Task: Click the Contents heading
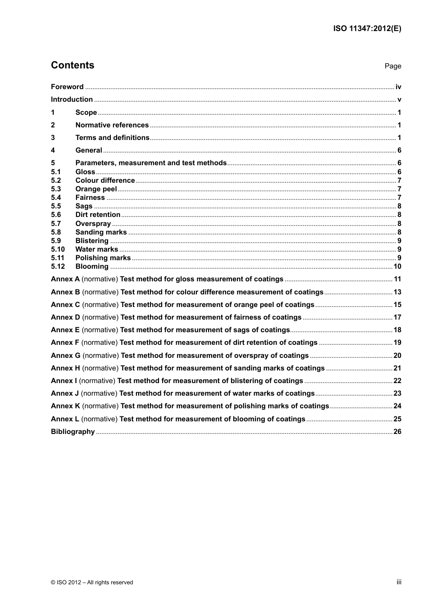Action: click(x=73, y=65)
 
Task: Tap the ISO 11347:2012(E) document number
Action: click(x=367, y=28)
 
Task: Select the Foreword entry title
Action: click(x=67, y=87)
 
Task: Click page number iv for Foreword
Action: click(x=398, y=87)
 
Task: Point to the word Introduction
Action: click(x=72, y=99)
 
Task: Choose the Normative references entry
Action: click(x=112, y=125)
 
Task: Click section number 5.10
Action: click(x=58, y=249)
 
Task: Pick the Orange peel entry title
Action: click(x=96, y=189)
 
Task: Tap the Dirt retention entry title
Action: click(x=98, y=215)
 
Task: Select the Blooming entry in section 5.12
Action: click(x=92, y=266)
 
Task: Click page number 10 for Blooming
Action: click(x=397, y=266)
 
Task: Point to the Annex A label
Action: click(x=65, y=279)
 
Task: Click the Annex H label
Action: click(x=65, y=368)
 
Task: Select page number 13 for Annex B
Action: click(x=397, y=292)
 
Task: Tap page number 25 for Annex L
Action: click(x=397, y=419)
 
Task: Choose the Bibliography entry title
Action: click(x=73, y=432)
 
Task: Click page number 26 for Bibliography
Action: click(x=397, y=432)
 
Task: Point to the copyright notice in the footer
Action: click(x=92, y=582)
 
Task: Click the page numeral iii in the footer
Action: click(x=399, y=582)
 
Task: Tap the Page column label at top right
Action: click(x=393, y=66)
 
